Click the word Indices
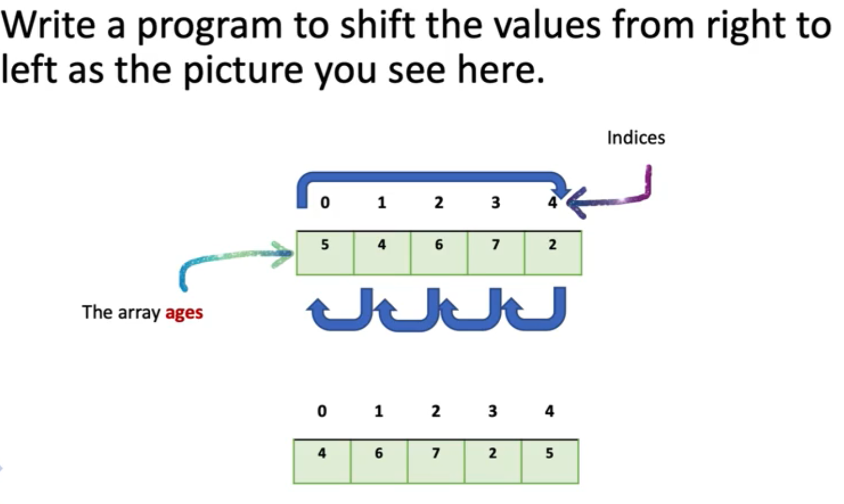pyautogui.click(x=636, y=138)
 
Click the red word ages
pyautogui.click(x=184, y=312)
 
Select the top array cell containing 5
pyautogui.click(x=325, y=253)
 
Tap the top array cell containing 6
pyautogui.click(x=439, y=253)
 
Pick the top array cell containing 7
pyautogui.click(x=495, y=253)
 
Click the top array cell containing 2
pyautogui.click(x=553, y=253)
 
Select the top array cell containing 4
pyautogui.click(x=382, y=253)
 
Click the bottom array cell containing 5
pyautogui.click(x=550, y=461)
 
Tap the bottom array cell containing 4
pyautogui.click(x=322, y=461)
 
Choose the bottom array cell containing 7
pyautogui.click(x=436, y=461)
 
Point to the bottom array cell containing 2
pyautogui.click(x=492, y=461)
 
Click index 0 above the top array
pyautogui.click(x=324, y=203)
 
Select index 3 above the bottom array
pyautogui.click(x=492, y=411)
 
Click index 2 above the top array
pyautogui.click(x=438, y=203)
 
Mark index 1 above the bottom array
pyautogui.click(x=379, y=411)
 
